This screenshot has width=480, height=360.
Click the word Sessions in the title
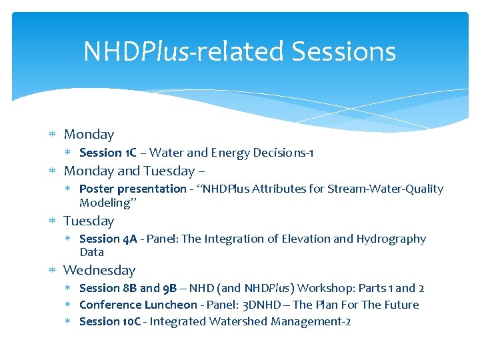(343, 51)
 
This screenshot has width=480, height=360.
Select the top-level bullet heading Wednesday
(99, 270)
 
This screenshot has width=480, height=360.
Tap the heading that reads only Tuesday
(89, 221)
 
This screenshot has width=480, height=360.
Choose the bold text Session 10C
(111, 321)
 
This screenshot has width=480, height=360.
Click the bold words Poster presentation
(133, 189)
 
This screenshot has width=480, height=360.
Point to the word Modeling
(103, 203)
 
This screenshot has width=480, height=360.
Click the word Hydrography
(391, 239)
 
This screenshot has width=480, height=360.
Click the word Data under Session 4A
(92, 252)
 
